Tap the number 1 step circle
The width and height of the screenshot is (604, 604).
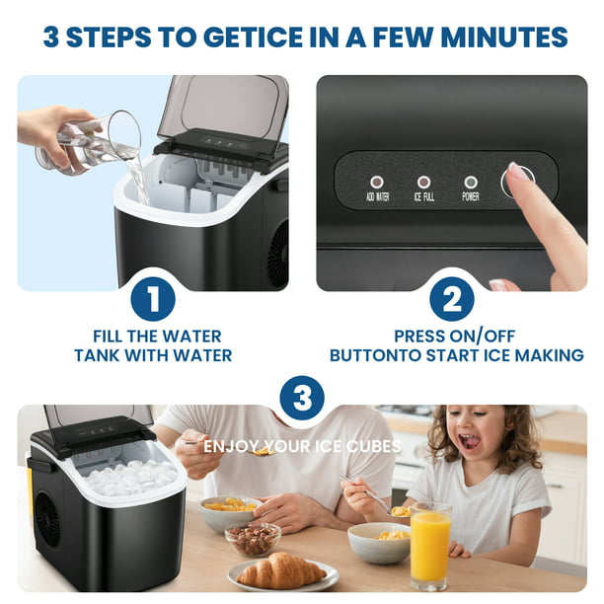pos(153,300)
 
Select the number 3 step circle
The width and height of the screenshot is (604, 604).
pos(302,400)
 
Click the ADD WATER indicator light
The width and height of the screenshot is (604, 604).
pos(376,182)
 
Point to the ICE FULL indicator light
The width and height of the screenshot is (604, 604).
pos(423,182)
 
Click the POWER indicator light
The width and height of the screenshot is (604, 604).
pos(471,182)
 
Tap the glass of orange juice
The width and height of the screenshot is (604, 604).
pos(430,546)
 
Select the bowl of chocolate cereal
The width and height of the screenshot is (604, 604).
pos(253,538)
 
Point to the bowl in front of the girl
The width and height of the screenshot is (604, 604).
pos(379,542)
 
